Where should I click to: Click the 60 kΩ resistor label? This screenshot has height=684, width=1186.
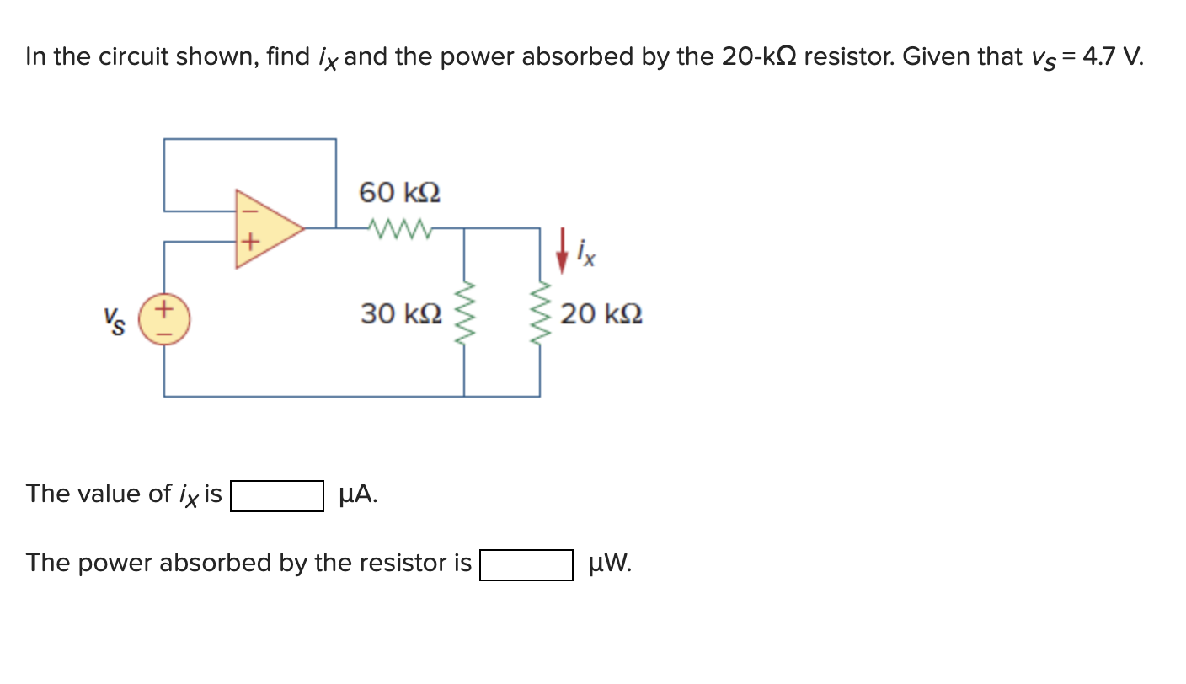point(399,193)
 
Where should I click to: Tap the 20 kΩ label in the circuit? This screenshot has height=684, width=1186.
point(601,314)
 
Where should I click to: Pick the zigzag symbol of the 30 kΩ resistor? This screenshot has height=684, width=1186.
point(464,315)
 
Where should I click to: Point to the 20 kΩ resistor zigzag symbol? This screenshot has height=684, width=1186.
point(540,315)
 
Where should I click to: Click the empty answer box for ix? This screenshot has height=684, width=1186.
point(277,495)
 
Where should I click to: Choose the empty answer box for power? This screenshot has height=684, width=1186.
point(526,564)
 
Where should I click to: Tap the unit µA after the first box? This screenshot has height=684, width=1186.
point(357,494)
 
